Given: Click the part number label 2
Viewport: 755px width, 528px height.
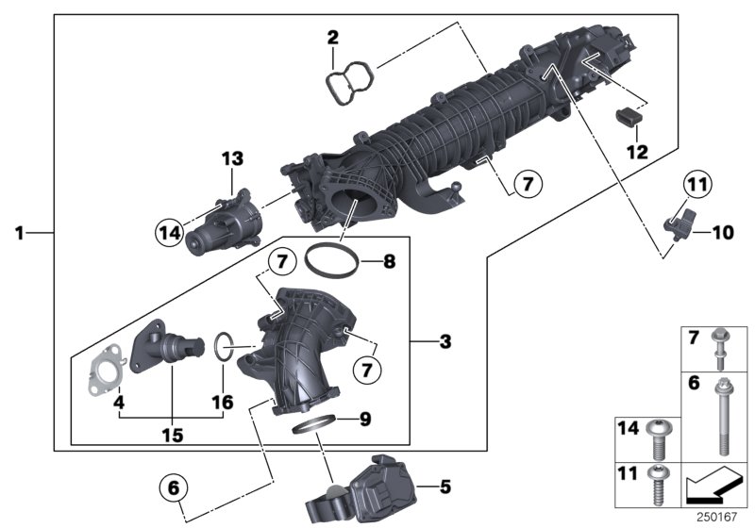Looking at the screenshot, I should (332, 39).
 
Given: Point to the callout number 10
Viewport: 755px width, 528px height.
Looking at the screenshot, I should (721, 231).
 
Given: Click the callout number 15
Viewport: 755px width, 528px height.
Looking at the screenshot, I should (172, 435).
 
